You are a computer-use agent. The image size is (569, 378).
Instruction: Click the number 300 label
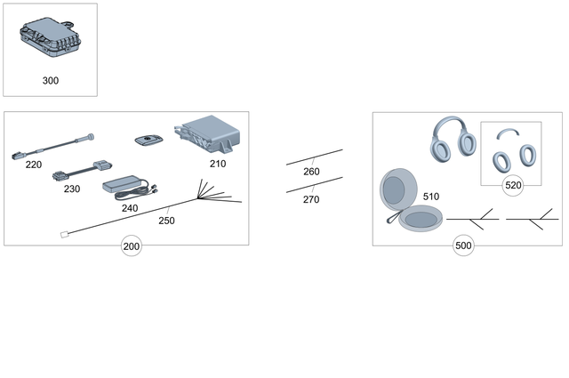pos(51,80)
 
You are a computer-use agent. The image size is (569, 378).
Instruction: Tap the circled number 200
pos(132,246)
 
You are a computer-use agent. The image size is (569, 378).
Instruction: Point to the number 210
pos(218,164)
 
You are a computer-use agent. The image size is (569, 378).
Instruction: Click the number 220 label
pos(34,165)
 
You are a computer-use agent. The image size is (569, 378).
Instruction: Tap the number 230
pos(72,189)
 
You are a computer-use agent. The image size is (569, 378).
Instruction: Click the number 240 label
pos(130,208)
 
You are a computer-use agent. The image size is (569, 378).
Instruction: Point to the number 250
pos(166,220)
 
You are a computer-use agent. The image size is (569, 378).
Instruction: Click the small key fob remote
pos(147,140)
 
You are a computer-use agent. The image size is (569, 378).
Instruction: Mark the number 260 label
pos(311,172)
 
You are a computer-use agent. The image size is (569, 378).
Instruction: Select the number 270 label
pos(311,200)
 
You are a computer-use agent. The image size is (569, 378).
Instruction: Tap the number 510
pos(431,197)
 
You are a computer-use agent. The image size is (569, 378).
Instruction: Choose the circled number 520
pos(512,185)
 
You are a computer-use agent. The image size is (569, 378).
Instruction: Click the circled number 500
pos(462,246)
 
